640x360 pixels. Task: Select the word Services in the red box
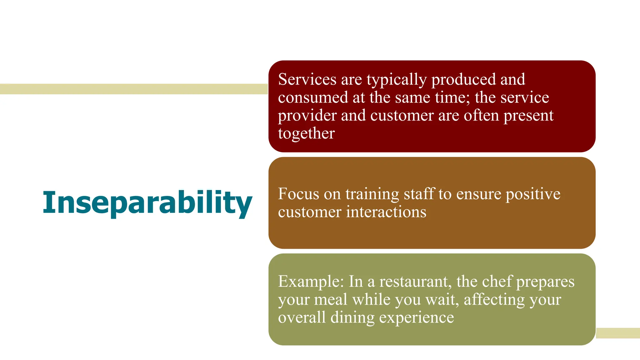[x=307, y=79]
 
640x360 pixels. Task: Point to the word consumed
[x=313, y=97]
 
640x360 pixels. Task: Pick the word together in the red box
[x=306, y=134]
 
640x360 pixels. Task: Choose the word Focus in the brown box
[x=298, y=194]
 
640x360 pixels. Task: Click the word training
[x=372, y=194]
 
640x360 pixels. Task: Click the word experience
[x=416, y=318]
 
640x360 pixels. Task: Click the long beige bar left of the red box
[x=134, y=89]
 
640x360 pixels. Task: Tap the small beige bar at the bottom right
[x=618, y=333]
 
